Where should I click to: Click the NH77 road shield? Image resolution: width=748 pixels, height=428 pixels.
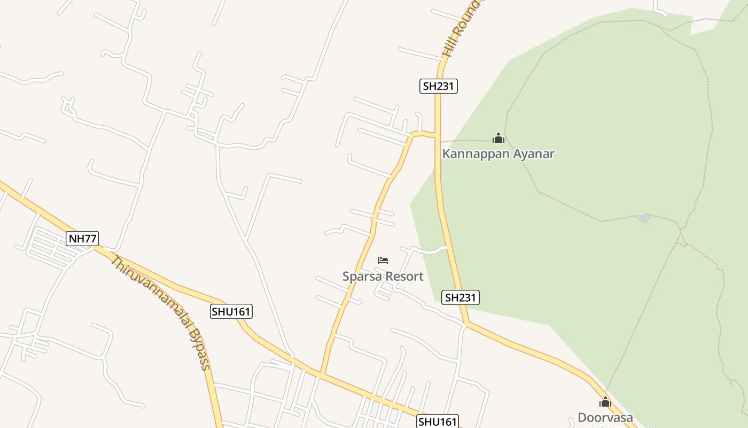click(x=82, y=239)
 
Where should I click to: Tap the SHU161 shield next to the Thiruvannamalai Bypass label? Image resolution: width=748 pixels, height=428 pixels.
click(x=231, y=311)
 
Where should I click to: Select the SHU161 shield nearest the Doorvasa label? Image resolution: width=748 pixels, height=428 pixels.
click(x=437, y=422)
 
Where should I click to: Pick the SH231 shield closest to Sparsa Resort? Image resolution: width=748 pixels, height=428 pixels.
click(x=461, y=297)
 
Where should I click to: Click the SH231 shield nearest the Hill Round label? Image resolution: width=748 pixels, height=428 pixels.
click(x=438, y=86)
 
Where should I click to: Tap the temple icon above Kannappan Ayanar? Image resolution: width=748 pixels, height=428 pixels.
click(x=498, y=138)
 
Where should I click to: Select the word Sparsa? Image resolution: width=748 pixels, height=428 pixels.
click(x=361, y=277)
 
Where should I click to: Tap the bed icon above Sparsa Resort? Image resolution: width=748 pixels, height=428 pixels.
click(x=383, y=261)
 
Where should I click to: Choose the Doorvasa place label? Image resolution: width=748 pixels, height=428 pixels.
click(x=605, y=418)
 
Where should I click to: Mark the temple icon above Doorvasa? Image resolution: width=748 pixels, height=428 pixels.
click(x=605, y=402)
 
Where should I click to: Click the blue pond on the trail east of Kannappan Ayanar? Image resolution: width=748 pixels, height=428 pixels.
click(x=644, y=218)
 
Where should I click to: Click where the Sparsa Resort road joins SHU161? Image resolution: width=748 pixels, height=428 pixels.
click(x=321, y=373)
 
